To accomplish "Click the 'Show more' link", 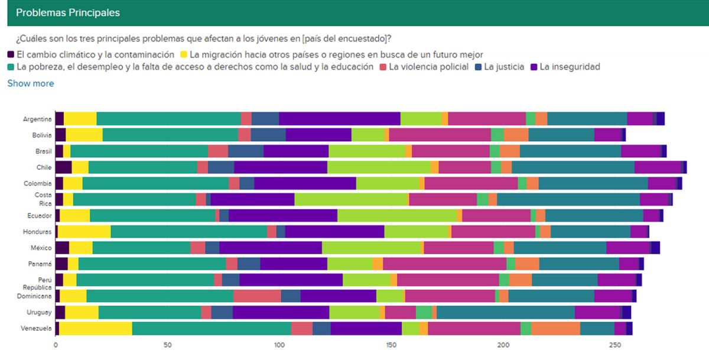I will (30, 83).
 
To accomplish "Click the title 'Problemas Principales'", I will (67, 12).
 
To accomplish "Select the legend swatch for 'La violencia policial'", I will (383, 67).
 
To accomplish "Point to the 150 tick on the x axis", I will (391, 344).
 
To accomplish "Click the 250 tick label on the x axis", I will (615, 344).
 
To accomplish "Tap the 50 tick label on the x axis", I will (167, 344).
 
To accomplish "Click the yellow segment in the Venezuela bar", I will (96, 328).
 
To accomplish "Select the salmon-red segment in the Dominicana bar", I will (257, 296).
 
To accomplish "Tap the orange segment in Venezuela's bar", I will (555, 328).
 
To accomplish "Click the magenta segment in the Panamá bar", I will (444, 264).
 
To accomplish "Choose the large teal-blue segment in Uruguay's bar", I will (505, 312).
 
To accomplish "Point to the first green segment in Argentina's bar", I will (169, 119).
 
